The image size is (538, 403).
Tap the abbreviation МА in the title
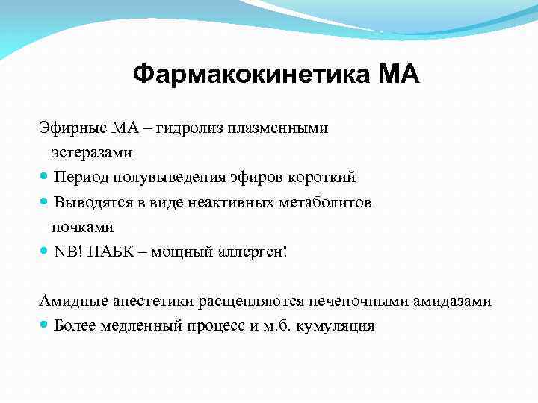pyautogui.click(x=400, y=75)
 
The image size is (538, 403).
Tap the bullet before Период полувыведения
pyautogui.click(x=45, y=178)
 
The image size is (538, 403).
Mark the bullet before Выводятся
pyautogui.click(x=45, y=202)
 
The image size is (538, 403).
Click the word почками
pyautogui.click(x=82, y=227)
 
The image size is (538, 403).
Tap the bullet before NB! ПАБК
pyautogui.click(x=45, y=252)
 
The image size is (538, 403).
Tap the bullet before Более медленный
pyautogui.click(x=45, y=326)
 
